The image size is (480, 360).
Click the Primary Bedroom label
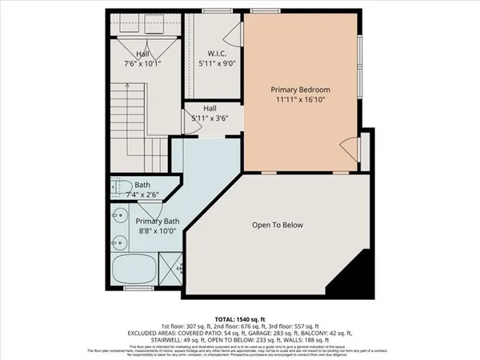tap(300, 90)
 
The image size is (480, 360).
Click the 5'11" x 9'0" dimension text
tap(213, 63)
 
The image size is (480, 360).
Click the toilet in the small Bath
tap(118, 186)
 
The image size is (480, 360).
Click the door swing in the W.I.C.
tap(233, 34)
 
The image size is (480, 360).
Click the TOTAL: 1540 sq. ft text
tap(240, 318)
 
